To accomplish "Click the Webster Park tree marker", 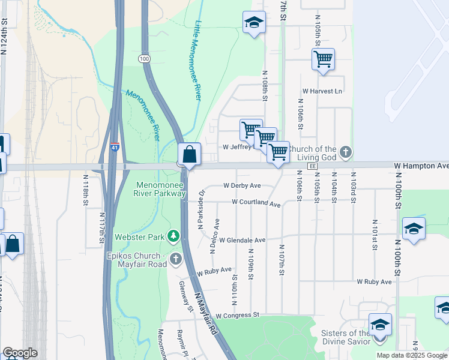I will [174, 236].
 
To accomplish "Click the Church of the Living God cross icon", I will [345, 152].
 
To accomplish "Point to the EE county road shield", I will [312, 166].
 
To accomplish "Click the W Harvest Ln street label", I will [322, 91].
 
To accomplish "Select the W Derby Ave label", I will [242, 185].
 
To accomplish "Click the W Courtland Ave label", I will [256, 203].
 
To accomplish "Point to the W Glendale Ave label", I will [242, 240].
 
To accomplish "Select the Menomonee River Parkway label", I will [161, 189].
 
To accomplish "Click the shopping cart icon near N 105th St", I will [323, 59].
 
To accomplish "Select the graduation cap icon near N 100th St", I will [414, 229].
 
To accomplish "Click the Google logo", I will [20, 353].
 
